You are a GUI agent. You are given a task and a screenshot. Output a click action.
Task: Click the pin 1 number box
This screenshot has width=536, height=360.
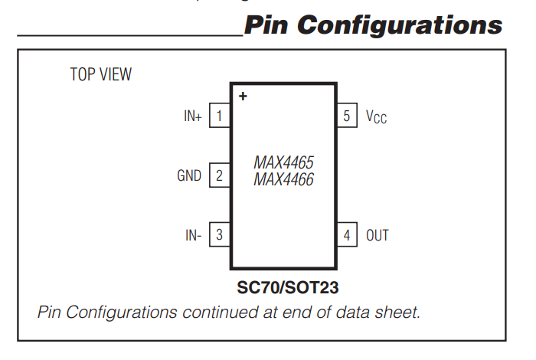coord(220,116)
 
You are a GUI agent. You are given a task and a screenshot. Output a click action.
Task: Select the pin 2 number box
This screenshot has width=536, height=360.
coord(220,175)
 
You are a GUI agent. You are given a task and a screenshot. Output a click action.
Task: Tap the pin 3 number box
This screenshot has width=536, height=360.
coord(220,235)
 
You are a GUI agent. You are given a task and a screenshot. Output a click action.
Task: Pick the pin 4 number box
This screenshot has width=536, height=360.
coord(347,235)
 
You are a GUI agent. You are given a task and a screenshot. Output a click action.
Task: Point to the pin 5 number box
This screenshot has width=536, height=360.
coord(347,116)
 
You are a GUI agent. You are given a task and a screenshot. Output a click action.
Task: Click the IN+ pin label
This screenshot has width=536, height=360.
coord(192,117)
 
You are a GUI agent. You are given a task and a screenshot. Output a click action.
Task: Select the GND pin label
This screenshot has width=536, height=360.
coord(189,175)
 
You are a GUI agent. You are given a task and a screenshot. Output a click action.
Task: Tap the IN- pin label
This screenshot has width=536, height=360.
coord(193,235)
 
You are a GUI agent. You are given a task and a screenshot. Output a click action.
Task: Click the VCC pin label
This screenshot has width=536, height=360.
coord(376,117)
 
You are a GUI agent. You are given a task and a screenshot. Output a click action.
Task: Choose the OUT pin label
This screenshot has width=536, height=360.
coord(377,235)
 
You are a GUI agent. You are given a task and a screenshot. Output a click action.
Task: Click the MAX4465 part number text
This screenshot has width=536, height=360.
coord(283,163)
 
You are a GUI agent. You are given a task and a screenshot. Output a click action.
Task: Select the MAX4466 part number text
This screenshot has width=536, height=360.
coord(283,180)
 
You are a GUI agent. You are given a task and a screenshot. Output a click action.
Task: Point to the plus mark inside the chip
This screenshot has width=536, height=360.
coord(243,97)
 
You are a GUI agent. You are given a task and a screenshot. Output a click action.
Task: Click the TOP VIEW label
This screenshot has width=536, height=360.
coord(100,74)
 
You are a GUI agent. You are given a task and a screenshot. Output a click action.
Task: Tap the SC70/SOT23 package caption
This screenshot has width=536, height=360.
coord(288,289)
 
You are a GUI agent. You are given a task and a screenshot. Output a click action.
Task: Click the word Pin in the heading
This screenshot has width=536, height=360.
coord(266,25)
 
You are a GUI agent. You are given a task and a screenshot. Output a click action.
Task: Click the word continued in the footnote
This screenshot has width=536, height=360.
coord(217,313)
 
